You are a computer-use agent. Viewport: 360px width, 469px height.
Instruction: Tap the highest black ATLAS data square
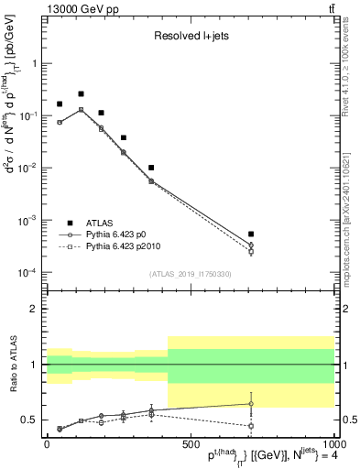coord(81,93)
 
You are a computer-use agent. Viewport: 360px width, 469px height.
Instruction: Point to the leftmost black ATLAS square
coord(60,104)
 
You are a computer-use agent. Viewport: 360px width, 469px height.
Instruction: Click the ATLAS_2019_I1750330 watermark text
coord(190,274)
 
